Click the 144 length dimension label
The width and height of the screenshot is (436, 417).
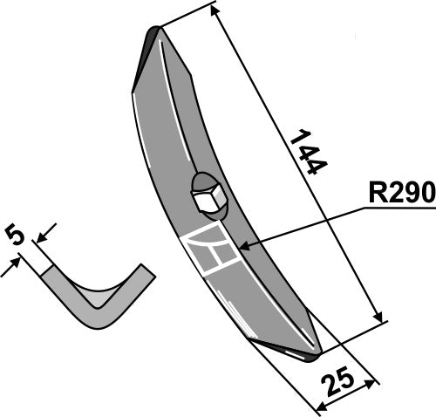tap(309, 152)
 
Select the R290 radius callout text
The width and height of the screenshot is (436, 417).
tap(402, 192)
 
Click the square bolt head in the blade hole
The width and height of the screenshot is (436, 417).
tap(208, 200)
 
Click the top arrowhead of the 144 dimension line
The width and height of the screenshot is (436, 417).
tap(215, 10)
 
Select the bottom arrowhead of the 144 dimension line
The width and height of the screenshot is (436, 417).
tap(378, 317)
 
